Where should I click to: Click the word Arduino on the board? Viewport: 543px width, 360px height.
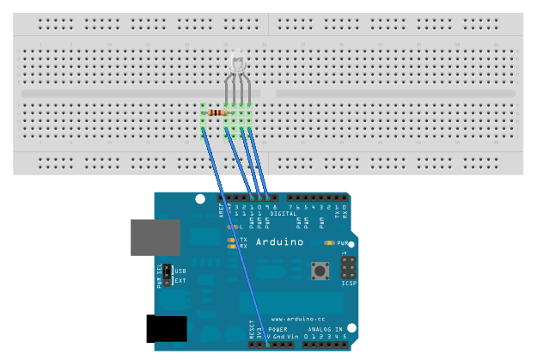pyautogui.click(x=281, y=242)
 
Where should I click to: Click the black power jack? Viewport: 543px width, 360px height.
pyautogui.click(x=167, y=330)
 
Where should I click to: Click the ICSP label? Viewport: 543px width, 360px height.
pyautogui.click(x=349, y=283)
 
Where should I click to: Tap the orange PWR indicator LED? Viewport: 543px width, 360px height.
pyautogui.click(x=330, y=243)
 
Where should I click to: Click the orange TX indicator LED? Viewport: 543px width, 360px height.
pyautogui.click(x=231, y=240)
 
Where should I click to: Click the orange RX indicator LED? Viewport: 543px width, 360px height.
pyautogui.click(x=231, y=247)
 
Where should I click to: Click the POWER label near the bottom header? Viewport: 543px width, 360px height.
pyautogui.click(x=278, y=329)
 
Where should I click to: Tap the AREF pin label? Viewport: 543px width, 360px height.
pyautogui.click(x=222, y=211)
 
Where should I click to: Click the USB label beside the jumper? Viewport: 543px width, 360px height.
pyautogui.click(x=180, y=272)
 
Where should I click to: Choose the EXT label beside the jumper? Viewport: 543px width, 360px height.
pyautogui.click(x=180, y=280)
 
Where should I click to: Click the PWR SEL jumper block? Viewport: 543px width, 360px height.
pyautogui.click(x=168, y=276)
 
